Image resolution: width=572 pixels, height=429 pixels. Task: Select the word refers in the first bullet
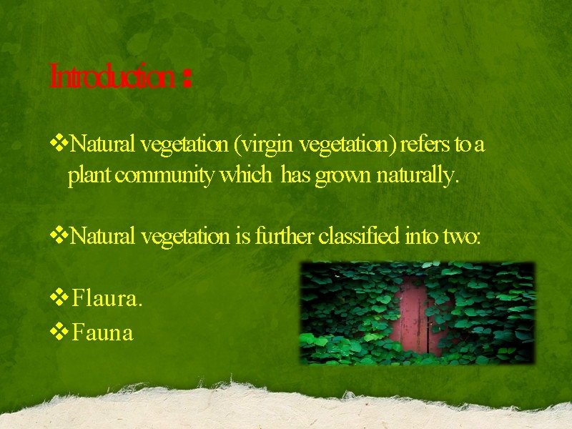(425, 145)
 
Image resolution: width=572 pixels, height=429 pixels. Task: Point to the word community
(164, 175)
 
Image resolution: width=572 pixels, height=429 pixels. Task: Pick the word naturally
(420, 175)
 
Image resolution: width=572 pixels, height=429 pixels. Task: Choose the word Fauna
(103, 332)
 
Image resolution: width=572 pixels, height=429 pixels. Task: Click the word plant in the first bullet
(89, 175)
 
